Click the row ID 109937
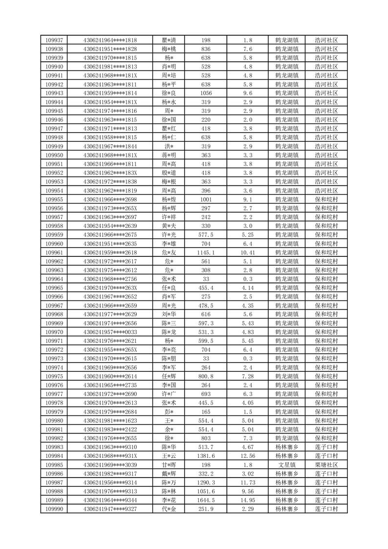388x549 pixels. [x=54, y=40]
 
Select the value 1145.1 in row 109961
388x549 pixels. [x=206, y=252]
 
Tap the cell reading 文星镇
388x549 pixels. [x=287, y=465]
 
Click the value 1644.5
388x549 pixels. [x=206, y=500]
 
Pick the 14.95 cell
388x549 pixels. [x=247, y=500]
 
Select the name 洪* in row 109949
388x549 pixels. [x=169, y=146]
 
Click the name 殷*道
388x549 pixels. [x=169, y=173]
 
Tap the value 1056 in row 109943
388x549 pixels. [x=206, y=93]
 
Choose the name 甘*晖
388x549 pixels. [x=169, y=465]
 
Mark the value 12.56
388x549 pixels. [x=247, y=456]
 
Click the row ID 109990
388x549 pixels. [x=54, y=509]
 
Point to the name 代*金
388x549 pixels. [x=169, y=509]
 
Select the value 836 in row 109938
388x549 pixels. [x=206, y=49]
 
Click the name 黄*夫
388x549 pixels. [x=169, y=226]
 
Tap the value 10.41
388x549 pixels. [x=247, y=252]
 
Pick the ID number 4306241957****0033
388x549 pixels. [x=110, y=332]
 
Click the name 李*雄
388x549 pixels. [x=169, y=244]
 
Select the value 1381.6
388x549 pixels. [x=206, y=456]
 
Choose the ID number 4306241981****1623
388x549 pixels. [x=110, y=420]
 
